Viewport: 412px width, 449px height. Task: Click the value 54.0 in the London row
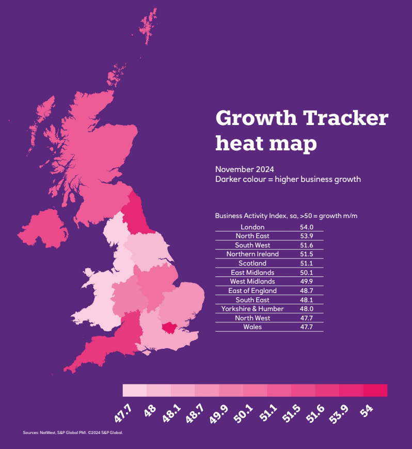pyautogui.click(x=307, y=227)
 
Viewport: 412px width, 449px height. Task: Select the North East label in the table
pyautogui.click(x=252, y=236)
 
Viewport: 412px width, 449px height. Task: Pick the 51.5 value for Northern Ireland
pyautogui.click(x=307, y=254)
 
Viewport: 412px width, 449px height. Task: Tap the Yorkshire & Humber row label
pyautogui.click(x=252, y=308)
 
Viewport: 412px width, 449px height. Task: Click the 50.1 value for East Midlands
pyautogui.click(x=307, y=272)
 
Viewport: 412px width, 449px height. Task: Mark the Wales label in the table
pyautogui.click(x=252, y=327)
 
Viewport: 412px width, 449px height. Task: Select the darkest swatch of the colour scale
pyautogui.click(x=375, y=390)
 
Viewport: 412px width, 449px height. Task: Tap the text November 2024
pyautogui.click(x=244, y=169)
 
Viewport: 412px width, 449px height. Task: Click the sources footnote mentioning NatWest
pyautogui.click(x=73, y=432)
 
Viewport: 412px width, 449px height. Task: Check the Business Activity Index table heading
pyautogui.click(x=286, y=215)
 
